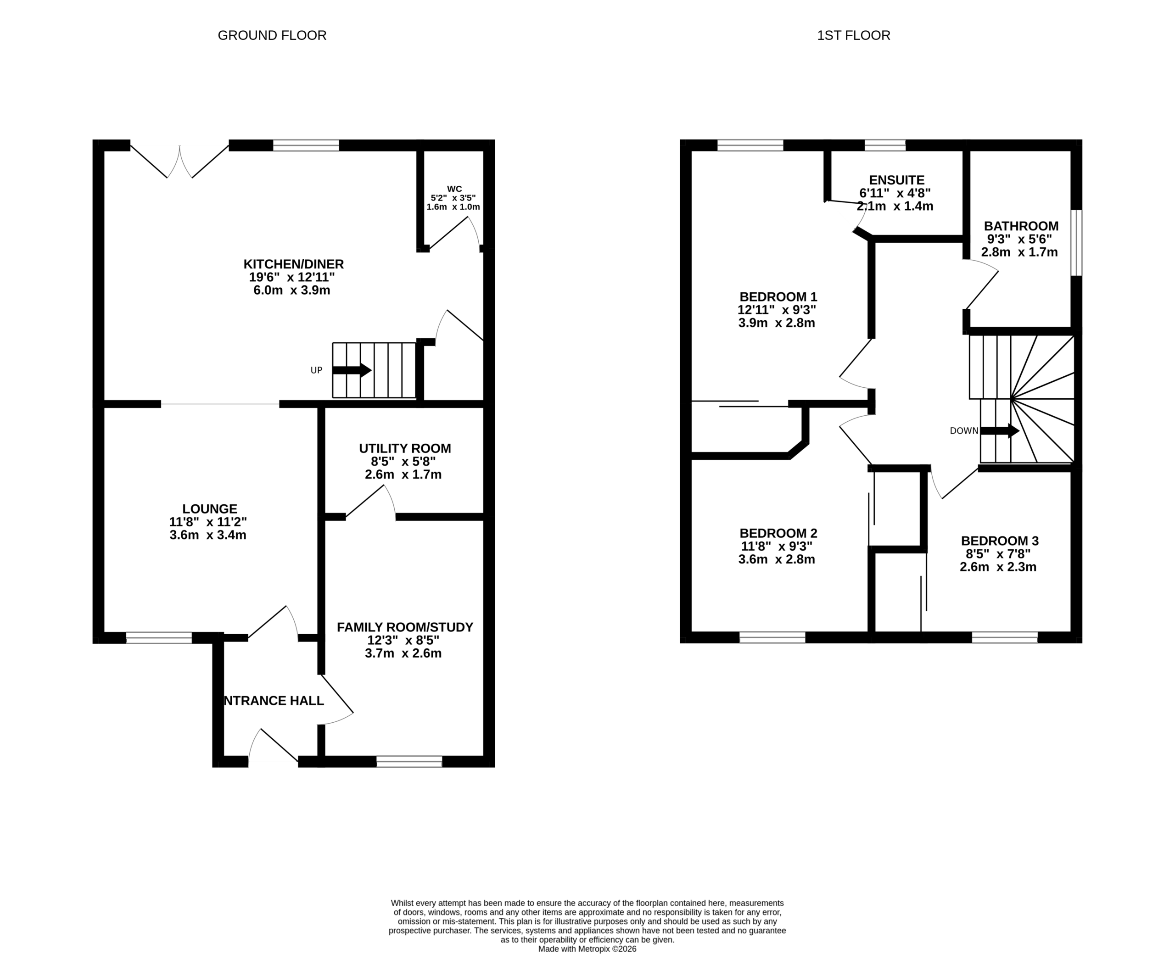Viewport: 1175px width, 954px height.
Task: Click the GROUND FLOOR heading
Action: pos(272,35)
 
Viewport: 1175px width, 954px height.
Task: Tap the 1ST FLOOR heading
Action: pos(854,35)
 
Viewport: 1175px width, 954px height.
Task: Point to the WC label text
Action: pos(454,189)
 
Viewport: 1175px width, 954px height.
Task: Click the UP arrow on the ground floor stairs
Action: pos(352,370)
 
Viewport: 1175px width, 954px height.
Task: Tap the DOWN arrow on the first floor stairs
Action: pos(1000,431)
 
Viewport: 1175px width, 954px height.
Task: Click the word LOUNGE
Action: pos(210,509)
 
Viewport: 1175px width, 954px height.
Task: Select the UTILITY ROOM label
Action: pos(405,448)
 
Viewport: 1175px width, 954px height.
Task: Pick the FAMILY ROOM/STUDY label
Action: pos(405,627)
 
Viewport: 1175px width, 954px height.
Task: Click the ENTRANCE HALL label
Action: pos(274,701)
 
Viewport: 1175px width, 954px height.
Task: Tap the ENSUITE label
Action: pos(897,180)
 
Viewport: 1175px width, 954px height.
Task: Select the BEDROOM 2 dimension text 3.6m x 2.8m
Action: pos(777,559)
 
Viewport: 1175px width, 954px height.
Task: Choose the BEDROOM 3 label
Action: pos(1000,541)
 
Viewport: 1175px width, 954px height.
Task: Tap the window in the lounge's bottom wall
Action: pos(159,638)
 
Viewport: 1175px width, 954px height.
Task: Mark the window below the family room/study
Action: pos(409,762)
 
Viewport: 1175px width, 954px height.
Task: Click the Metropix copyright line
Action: pos(587,949)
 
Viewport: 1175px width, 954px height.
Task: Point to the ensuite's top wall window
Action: pos(885,145)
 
